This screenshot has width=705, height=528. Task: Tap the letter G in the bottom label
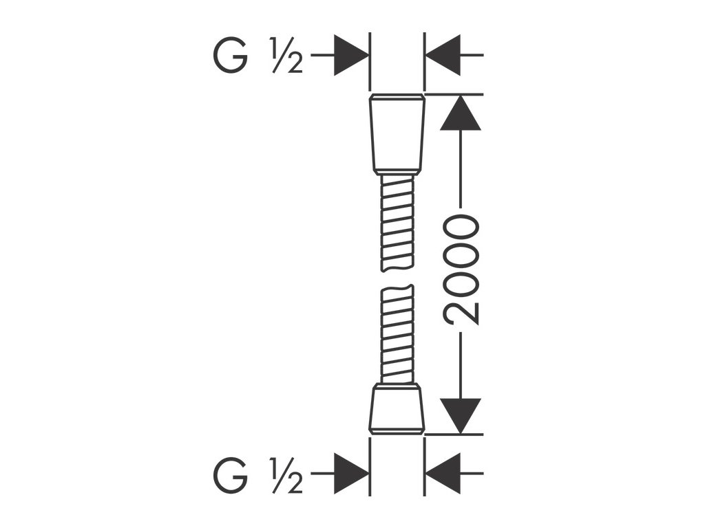coord(230,476)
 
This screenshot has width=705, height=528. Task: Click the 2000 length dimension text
coord(461,269)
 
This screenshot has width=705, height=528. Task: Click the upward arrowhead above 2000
coord(460,114)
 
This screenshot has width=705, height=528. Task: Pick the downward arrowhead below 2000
coord(460,415)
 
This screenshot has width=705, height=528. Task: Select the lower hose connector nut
coord(397,409)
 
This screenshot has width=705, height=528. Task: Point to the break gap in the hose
coord(397,278)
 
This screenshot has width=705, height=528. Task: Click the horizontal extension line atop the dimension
coord(454,93)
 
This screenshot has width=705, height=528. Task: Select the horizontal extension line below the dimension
coord(454,434)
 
